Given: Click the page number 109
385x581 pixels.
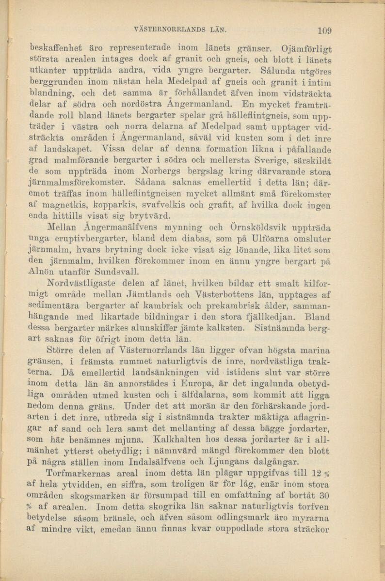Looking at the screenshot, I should coord(324,30).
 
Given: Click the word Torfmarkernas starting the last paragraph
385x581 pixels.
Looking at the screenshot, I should coord(86,472).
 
